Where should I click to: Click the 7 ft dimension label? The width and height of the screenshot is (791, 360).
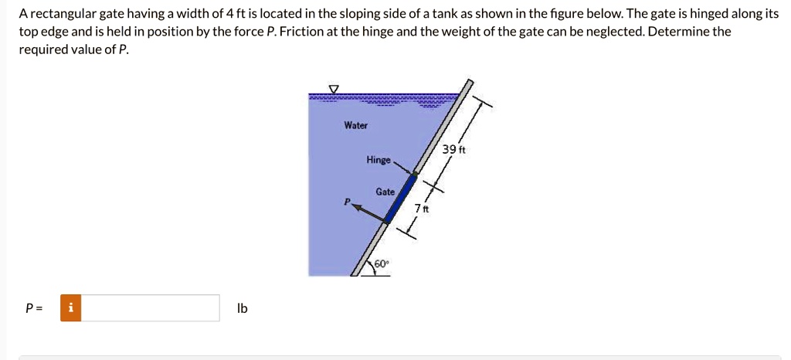(422, 209)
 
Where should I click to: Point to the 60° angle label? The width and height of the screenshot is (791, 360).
(382, 263)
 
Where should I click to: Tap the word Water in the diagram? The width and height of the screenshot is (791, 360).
(356, 125)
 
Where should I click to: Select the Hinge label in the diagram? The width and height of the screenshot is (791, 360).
(379, 160)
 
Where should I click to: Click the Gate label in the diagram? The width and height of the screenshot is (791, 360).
(385, 191)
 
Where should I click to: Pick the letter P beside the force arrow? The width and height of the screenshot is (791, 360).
(348, 201)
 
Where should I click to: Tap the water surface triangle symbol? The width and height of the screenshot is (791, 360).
(334, 88)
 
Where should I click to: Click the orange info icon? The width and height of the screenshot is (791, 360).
(71, 308)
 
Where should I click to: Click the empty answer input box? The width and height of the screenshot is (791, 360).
(150, 308)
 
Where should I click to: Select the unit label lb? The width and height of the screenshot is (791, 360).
(243, 308)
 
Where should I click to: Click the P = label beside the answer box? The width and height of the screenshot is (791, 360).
(34, 308)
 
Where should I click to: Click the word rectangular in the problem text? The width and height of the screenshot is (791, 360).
(61, 15)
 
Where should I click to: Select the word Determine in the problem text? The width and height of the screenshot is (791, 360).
(679, 32)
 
